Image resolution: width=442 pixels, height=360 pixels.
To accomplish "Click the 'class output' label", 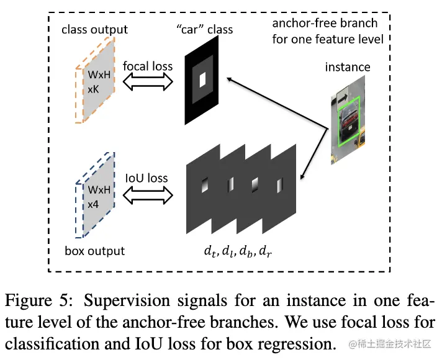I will [94, 29].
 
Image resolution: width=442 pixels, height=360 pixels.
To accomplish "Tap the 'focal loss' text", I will [148, 66].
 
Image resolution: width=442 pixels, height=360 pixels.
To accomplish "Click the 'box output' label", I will [94, 251].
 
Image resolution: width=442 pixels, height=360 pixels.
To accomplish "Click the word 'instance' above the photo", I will [347, 66].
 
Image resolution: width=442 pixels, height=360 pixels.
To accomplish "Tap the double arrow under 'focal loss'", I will [148, 81].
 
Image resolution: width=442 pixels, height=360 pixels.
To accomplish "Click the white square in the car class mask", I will [202, 79].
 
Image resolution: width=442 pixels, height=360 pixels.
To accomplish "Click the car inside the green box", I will [347, 117].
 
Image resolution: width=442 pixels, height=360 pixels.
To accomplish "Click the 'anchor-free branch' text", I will [325, 24].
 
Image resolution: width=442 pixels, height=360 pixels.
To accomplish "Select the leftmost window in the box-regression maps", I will [204, 184].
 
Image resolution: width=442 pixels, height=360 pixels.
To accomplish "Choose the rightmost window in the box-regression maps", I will [273, 184].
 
